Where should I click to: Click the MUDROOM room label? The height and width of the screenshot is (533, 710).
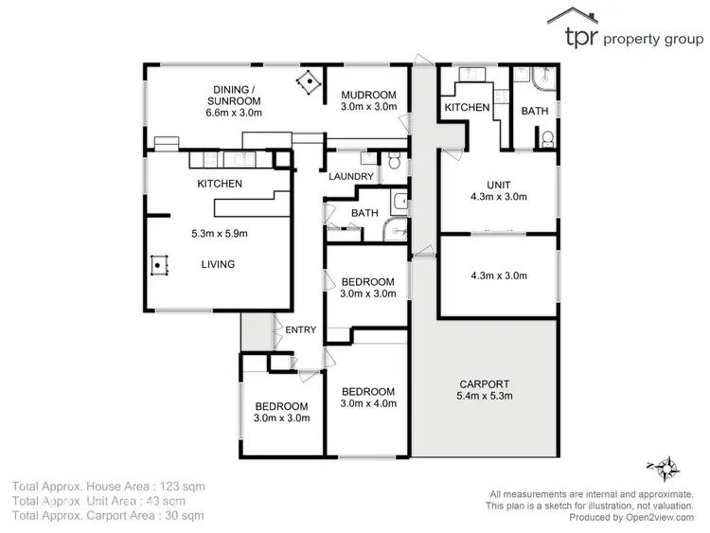click(x=367, y=95)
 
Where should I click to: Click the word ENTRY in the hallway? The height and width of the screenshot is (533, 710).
click(x=302, y=329)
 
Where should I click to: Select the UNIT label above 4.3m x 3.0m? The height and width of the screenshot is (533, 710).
click(x=498, y=184)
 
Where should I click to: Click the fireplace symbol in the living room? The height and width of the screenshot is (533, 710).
click(x=158, y=266)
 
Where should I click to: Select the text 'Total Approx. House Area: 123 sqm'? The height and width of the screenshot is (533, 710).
click(x=108, y=487)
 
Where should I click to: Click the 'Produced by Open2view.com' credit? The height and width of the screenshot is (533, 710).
click(x=595, y=518)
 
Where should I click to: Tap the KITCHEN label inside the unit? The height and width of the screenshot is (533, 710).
click(x=467, y=108)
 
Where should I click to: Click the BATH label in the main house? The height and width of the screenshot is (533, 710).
click(x=364, y=214)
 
